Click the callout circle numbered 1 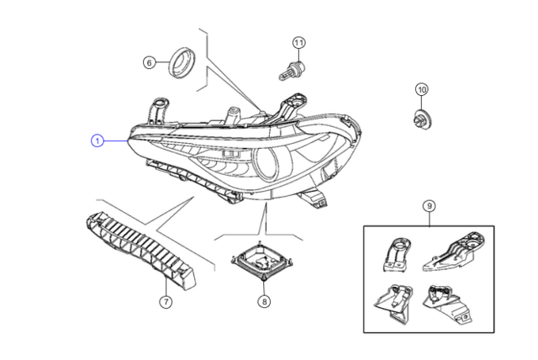pos(98,141)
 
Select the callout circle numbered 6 pos(149,62)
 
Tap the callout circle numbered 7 pos(165,302)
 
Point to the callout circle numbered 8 pos(265,302)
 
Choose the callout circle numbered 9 pos(429,204)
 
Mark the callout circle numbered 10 pos(421,89)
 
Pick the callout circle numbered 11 pos(298,42)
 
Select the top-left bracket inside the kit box pos(397,254)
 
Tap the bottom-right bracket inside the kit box pos(450,304)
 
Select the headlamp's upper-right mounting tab pos(289,108)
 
